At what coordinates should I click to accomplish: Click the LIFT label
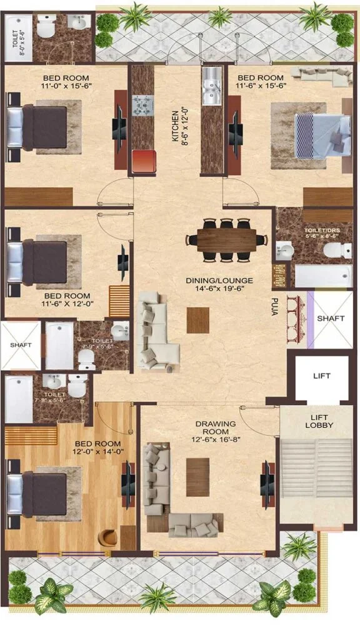(x=322, y=376)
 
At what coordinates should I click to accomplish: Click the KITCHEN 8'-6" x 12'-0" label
(x=179, y=127)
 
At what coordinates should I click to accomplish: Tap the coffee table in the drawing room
(x=197, y=477)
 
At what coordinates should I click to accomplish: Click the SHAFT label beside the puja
(x=331, y=319)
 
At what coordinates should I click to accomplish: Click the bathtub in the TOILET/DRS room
(x=322, y=276)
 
